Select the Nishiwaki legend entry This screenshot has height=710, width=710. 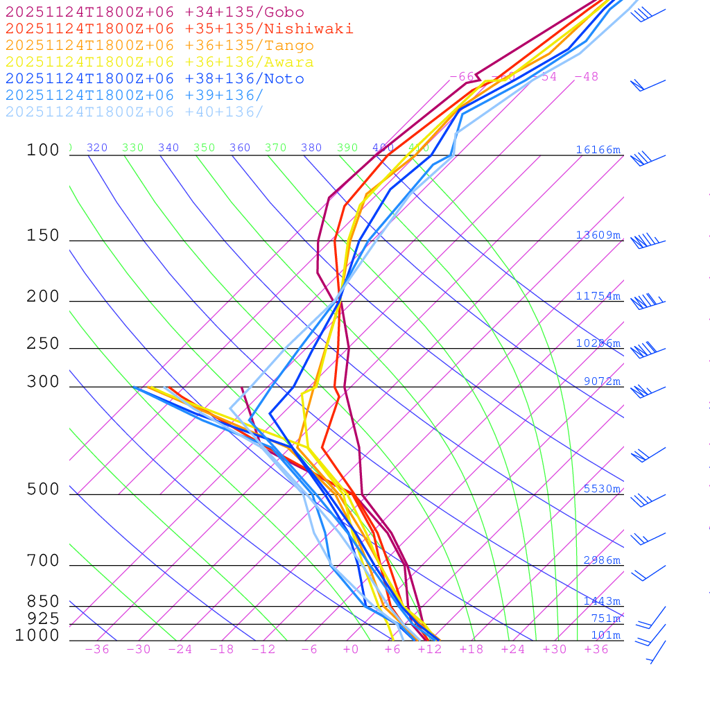[x=179, y=28]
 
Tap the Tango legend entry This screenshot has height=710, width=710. [x=159, y=46]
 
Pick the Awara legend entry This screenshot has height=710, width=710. [x=159, y=62]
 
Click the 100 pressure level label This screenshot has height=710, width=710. [x=43, y=150]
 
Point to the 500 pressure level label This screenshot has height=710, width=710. [x=43, y=490]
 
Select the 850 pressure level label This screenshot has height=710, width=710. [x=43, y=602]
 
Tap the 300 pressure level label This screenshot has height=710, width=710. [x=43, y=382]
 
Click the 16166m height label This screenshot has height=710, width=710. [x=598, y=150]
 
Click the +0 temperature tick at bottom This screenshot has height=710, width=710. [x=351, y=650]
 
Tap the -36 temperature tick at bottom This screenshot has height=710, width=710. [x=97, y=650]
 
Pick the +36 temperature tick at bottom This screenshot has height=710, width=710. [x=596, y=650]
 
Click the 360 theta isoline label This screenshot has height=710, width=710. [x=240, y=148]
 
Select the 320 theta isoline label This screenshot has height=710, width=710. [x=97, y=148]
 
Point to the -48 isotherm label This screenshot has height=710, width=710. [x=586, y=77]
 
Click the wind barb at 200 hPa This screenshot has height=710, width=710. [x=645, y=302]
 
